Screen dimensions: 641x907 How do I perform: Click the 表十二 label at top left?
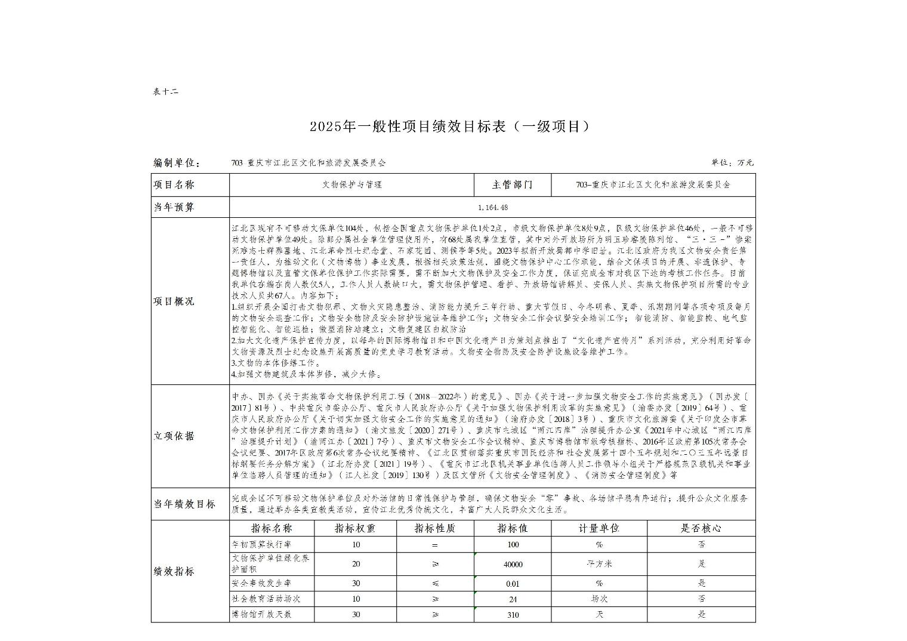(165, 92)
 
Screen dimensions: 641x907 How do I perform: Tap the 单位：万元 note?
(732, 162)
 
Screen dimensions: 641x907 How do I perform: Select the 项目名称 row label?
(174, 185)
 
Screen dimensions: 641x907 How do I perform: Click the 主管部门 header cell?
(512, 185)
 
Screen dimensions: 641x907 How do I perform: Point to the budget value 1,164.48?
(492, 207)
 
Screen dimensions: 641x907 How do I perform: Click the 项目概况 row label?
(174, 301)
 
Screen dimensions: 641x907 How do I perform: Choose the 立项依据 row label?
(174, 436)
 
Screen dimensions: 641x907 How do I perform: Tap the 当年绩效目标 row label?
(184, 504)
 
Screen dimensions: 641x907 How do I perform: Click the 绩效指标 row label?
(174, 571)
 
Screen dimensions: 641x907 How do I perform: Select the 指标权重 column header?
(355, 529)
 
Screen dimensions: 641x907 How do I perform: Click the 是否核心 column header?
(701, 529)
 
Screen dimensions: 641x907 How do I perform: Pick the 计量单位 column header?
(599, 529)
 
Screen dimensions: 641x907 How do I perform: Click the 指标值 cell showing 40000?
(513, 564)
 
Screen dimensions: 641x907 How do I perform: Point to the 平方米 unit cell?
(599, 563)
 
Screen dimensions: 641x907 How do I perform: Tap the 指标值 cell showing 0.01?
(513, 584)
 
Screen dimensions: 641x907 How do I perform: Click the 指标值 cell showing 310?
(513, 615)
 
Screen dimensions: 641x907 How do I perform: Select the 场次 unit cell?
(599, 599)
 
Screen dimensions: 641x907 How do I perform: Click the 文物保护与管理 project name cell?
(352, 185)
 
